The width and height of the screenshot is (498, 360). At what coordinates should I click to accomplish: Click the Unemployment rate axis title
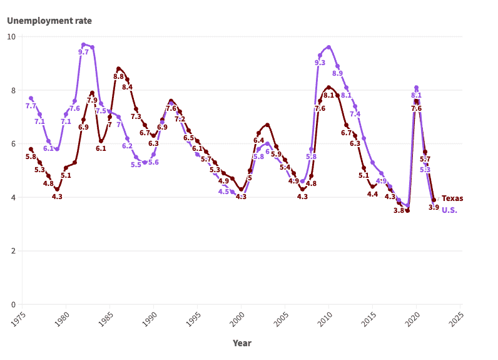click(49, 21)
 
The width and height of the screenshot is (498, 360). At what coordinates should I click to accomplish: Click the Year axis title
click(242, 343)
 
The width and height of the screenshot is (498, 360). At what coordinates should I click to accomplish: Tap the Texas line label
click(452, 198)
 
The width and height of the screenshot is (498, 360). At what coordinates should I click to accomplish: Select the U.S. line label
click(449, 210)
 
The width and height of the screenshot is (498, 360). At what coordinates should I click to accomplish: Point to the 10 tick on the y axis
click(11, 36)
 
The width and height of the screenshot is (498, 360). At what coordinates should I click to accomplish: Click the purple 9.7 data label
click(83, 52)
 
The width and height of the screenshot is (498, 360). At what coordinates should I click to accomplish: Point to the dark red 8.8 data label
click(118, 76)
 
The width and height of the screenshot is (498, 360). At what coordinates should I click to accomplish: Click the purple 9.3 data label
click(320, 63)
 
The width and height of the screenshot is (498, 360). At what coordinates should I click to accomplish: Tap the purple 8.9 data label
click(337, 73)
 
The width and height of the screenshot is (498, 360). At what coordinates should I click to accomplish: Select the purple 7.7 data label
click(31, 106)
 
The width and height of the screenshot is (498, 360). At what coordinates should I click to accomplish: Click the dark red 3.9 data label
click(434, 207)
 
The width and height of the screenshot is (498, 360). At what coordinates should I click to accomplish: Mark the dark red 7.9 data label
click(92, 100)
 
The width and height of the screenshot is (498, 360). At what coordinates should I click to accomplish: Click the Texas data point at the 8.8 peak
click(118, 68)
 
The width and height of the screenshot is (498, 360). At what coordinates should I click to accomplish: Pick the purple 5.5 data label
click(136, 165)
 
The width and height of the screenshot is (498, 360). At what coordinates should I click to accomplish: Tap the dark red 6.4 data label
click(258, 140)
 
